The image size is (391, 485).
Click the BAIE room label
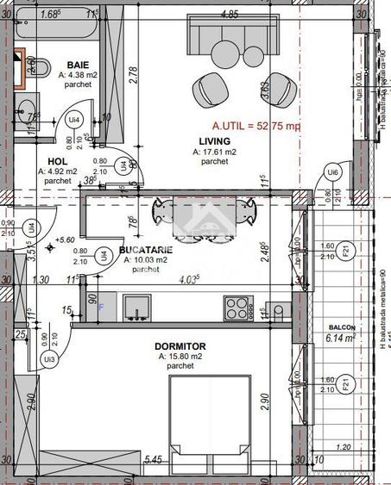click(x=79, y=65)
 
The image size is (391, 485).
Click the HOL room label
click(x=58, y=160)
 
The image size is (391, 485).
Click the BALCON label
click(x=342, y=328)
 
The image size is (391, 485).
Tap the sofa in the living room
click(x=229, y=40)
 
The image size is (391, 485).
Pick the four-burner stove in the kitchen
click(x=236, y=306)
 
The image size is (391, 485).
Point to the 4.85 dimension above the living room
click(x=229, y=14)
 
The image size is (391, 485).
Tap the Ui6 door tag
click(x=332, y=173)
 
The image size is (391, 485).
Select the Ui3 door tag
click(x=50, y=358)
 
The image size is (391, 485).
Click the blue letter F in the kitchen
click(x=100, y=305)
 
